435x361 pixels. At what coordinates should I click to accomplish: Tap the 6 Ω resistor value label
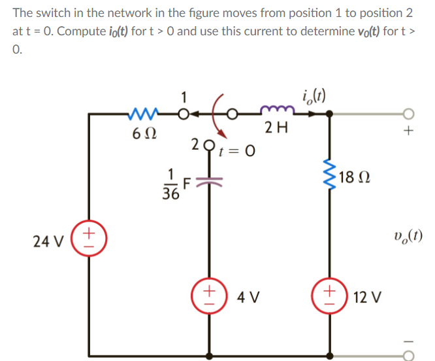(144, 135)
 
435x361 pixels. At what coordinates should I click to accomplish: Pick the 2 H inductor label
(275, 128)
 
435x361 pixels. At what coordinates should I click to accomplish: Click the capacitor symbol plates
(210, 180)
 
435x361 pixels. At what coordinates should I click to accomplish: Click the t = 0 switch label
(236, 151)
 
